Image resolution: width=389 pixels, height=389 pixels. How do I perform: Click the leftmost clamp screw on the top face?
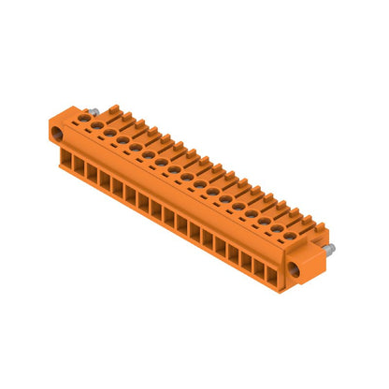point(96,125)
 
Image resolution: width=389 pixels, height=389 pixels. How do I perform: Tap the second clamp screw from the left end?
point(109,133)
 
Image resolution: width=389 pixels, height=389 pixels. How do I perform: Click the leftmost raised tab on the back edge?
point(114,111)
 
